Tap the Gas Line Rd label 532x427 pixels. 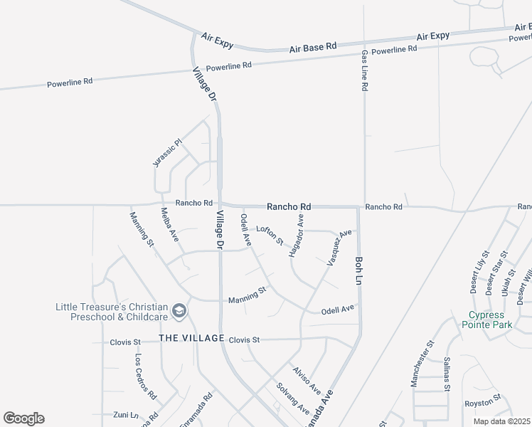[x=364, y=70]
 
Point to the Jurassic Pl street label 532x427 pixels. [x=168, y=152]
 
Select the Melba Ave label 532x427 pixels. [x=169, y=224]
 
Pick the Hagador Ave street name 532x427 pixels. [x=296, y=237]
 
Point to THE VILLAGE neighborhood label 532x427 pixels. [x=191, y=338]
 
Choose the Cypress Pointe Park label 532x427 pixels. [x=491, y=320]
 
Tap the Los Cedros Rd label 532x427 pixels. [x=145, y=375]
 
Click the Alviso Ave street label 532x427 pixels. [x=307, y=381]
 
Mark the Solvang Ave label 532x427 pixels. [x=293, y=399]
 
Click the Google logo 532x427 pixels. [x=24, y=418]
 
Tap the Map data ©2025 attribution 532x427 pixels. [x=502, y=421]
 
